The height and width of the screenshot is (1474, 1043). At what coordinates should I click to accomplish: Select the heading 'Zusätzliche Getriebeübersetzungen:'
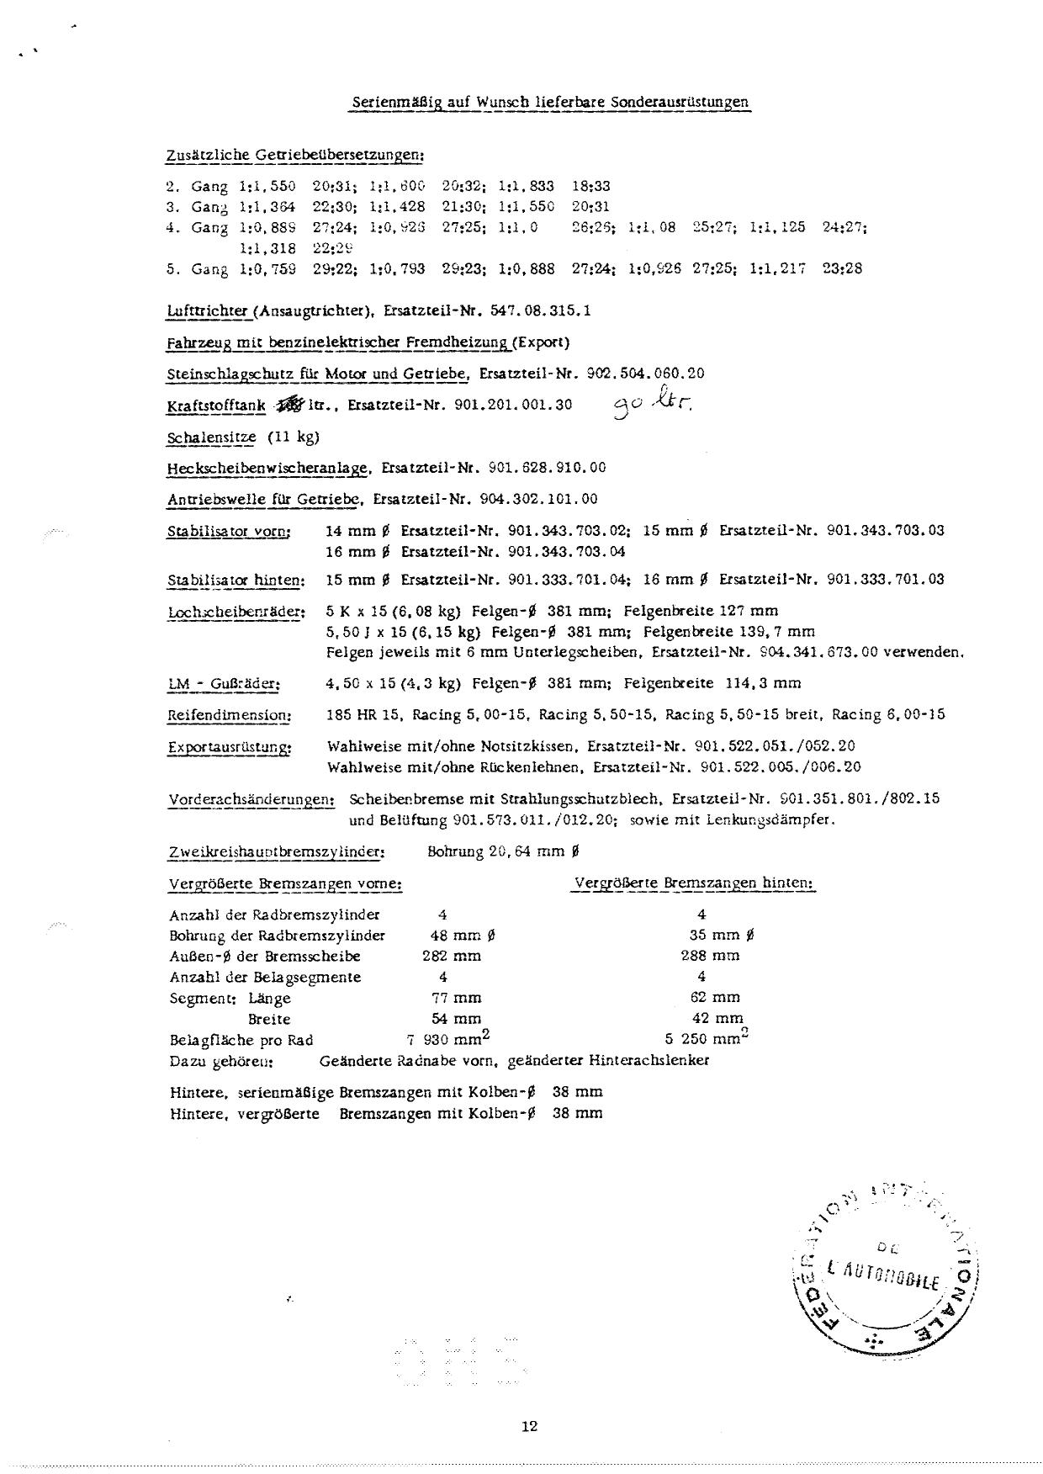(295, 156)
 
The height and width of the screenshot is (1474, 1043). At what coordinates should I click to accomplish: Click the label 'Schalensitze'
(211, 437)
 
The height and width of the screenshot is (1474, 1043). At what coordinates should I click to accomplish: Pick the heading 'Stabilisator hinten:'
(236, 580)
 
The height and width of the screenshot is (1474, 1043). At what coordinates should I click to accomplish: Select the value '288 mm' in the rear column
(710, 956)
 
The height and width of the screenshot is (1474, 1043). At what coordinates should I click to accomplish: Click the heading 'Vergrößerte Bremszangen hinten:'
(694, 883)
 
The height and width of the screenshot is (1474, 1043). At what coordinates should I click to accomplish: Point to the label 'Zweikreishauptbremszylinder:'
(277, 851)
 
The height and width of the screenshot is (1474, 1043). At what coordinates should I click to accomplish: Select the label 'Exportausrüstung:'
(230, 746)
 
